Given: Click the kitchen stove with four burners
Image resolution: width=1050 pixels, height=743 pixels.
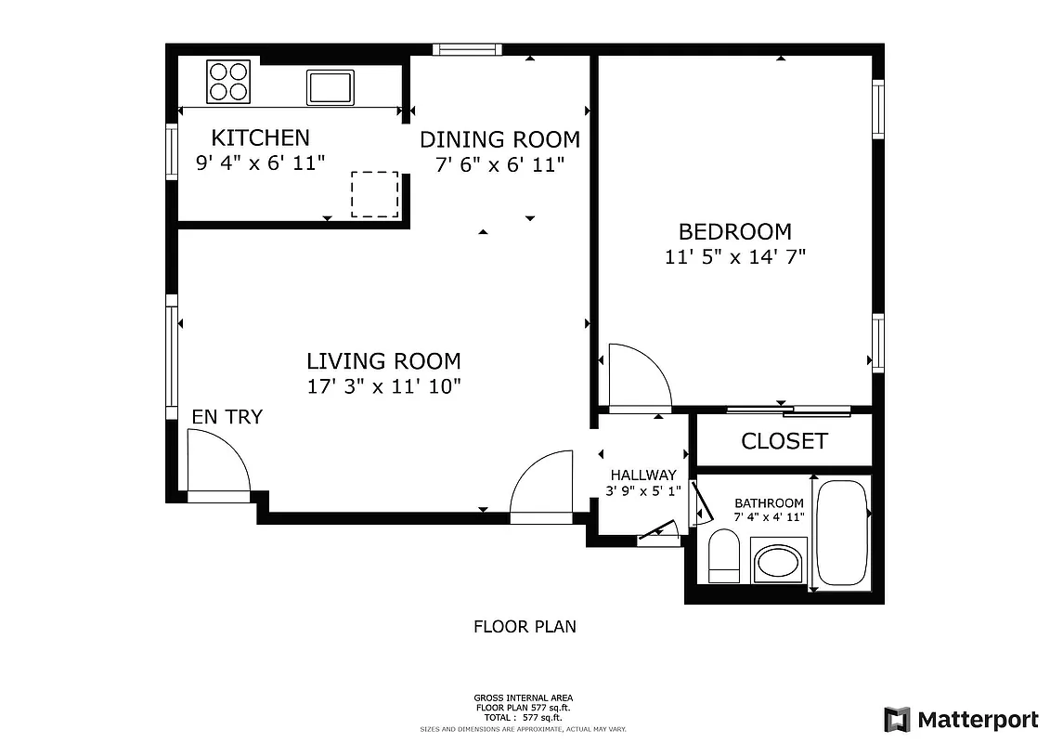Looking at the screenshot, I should (x=229, y=81).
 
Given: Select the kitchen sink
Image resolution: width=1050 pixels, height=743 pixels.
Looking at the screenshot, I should (x=331, y=87).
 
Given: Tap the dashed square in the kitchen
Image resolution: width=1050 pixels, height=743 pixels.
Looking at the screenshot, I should (x=374, y=194).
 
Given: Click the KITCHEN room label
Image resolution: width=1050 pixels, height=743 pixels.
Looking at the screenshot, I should (x=260, y=138).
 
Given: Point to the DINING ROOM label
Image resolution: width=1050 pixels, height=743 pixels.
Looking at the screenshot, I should (x=499, y=140).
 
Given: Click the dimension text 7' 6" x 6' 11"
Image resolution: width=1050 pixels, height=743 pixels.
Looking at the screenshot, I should (x=499, y=164).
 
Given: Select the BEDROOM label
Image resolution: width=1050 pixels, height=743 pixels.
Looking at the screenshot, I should (x=734, y=232).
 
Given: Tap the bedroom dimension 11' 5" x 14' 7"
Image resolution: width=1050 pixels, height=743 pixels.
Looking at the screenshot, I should (x=734, y=257).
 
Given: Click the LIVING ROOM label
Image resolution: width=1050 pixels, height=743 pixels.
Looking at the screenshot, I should (x=383, y=361).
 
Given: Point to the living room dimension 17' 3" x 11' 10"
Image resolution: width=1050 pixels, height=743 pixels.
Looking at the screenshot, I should (x=383, y=386).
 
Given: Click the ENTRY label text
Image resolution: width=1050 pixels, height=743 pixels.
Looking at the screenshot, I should (x=227, y=417).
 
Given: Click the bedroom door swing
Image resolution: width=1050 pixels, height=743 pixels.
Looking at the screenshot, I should (x=637, y=375).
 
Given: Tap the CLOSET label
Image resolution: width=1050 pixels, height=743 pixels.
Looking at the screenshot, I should (x=784, y=441).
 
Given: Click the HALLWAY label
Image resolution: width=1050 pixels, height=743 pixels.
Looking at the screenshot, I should (x=642, y=476).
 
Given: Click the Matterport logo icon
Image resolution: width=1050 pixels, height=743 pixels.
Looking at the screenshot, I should (x=897, y=719).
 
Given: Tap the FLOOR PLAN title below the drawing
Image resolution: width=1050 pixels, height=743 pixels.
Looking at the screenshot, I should (x=525, y=627).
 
